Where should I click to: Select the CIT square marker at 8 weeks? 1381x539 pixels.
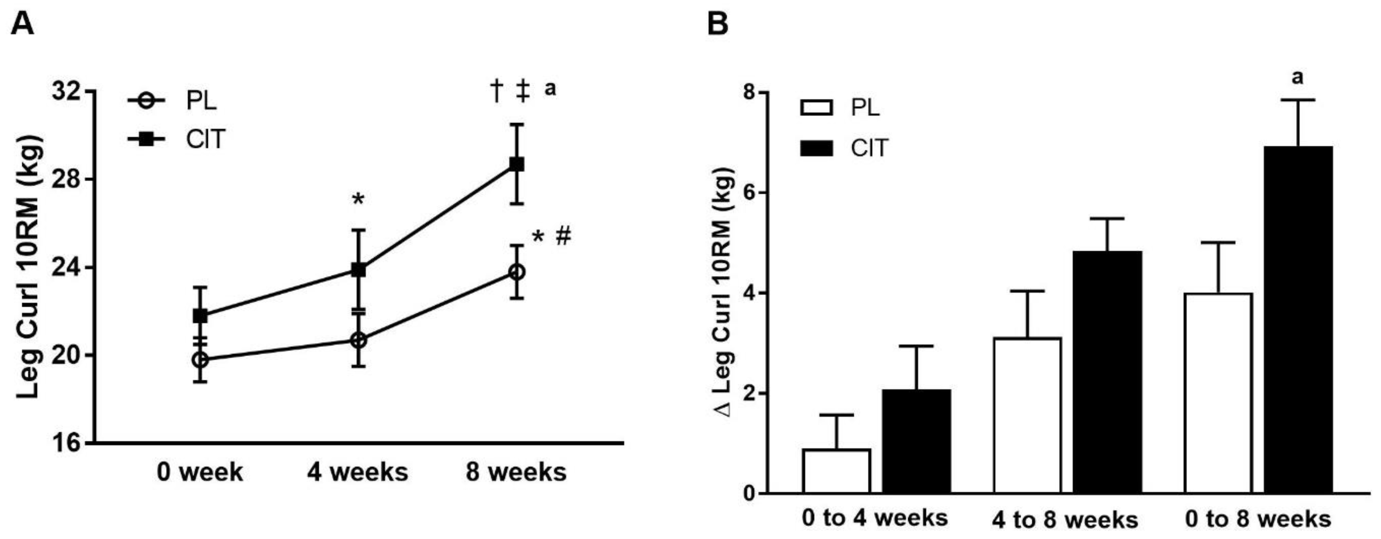pos(516,164)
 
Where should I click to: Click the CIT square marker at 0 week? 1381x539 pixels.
pos(200,316)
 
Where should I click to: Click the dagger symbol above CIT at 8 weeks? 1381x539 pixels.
pos(496,90)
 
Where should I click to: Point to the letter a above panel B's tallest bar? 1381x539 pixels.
pos(1297,78)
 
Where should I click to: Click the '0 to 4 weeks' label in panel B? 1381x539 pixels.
pos(875,518)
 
